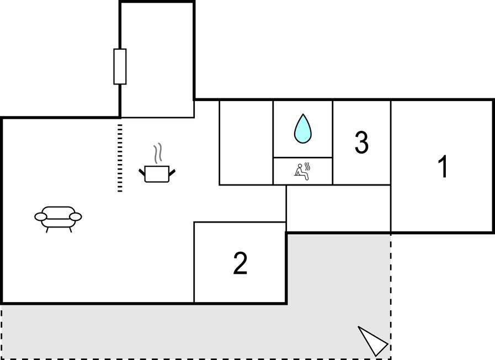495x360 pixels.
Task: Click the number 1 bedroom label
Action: coord(443,166)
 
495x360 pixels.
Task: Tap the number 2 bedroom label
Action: coord(240,262)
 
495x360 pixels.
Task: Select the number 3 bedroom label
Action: coord(361,142)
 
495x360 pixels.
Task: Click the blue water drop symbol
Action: coord(303,129)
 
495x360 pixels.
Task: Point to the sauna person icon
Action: coord(302,172)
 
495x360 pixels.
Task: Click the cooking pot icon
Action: coord(157,174)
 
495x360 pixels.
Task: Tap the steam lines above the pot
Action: coord(158,153)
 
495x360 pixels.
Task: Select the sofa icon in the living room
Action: coord(58,219)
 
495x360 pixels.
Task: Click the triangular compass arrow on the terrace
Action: coord(372,341)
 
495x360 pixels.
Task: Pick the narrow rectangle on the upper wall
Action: coord(120,67)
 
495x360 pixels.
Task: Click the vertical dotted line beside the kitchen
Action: coord(120,158)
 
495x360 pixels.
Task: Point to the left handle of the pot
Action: coord(142,173)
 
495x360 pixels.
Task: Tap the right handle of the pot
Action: coord(172,173)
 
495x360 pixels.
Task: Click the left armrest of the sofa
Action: coord(41,216)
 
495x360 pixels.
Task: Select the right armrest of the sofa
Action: coord(76,216)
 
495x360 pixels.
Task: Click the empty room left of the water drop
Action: coord(246,142)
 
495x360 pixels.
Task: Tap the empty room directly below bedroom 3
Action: coord(338,208)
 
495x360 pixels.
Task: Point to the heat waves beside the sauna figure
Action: coord(307,167)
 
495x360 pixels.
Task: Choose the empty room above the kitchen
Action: coord(157,60)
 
